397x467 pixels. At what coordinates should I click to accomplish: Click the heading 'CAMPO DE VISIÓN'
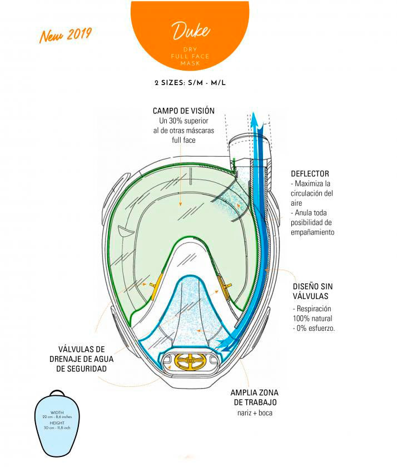click(x=183, y=111)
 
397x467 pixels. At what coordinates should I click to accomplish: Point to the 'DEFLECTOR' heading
click(x=309, y=174)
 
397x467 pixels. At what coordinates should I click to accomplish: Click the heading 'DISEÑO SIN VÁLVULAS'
click(x=313, y=292)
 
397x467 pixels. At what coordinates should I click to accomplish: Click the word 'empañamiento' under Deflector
click(x=312, y=232)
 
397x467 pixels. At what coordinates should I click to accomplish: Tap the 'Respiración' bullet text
click(x=312, y=309)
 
